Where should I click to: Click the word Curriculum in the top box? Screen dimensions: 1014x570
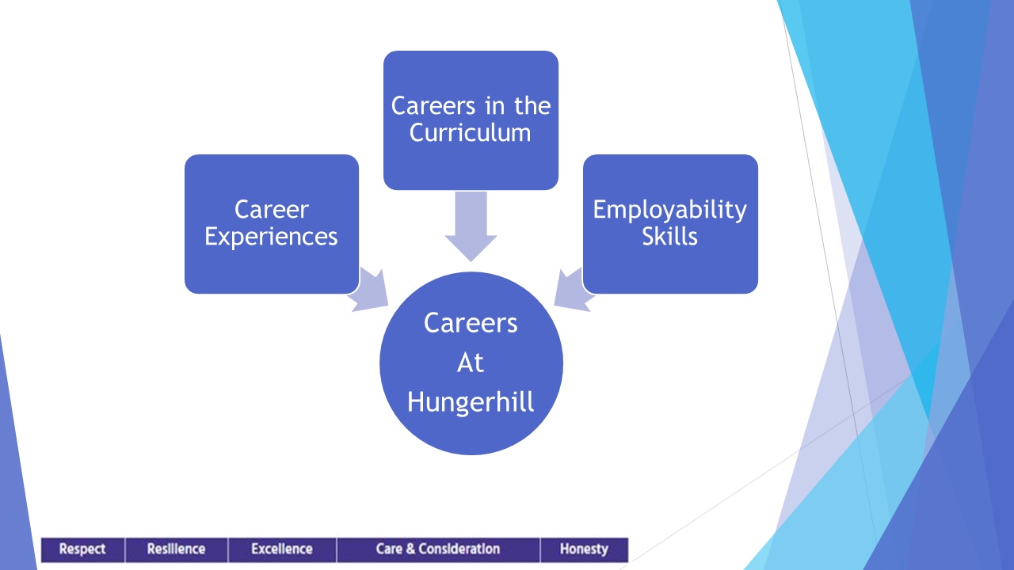tap(470, 132)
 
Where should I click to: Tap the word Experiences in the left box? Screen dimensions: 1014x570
tap(271, 237)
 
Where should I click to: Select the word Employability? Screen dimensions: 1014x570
tap(670, 211)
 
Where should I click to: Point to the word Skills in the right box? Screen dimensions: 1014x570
tap(670, 236)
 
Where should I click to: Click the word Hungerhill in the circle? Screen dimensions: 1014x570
tap(471, 401)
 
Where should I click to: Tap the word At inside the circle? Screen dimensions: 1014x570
tap(471, 363)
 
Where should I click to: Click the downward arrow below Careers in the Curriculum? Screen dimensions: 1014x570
tap(471, 226)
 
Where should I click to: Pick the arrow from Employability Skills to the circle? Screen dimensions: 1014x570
tap(574, 290)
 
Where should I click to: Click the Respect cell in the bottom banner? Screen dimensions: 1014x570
tap(83, 549)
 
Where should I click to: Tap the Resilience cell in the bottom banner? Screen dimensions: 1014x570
tap(177, 549)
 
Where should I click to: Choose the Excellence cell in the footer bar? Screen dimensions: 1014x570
tap(282, 549)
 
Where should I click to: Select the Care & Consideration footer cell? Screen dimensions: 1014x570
tap(438, 549)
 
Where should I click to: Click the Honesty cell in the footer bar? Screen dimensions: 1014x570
tap(585, 549)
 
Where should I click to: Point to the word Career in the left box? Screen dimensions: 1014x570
tap(272, 210)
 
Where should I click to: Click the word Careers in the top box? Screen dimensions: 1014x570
tap(433, 106)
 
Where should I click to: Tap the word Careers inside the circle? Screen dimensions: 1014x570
tap(471, 323)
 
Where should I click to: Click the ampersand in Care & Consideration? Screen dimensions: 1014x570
tap(410, 549)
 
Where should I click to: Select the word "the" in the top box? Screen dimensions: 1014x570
tap(532, 106)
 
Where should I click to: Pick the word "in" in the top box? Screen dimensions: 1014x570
tap(495, 106)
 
